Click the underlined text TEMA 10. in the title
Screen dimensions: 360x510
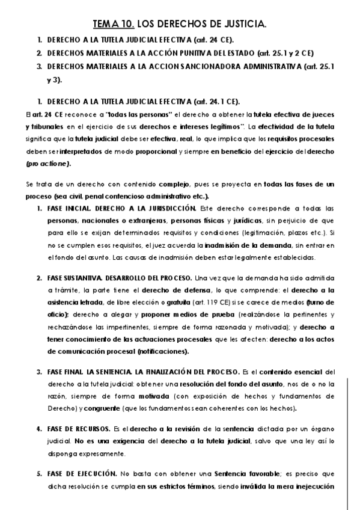pos(114,25)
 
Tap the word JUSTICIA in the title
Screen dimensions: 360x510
pos(241,25)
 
